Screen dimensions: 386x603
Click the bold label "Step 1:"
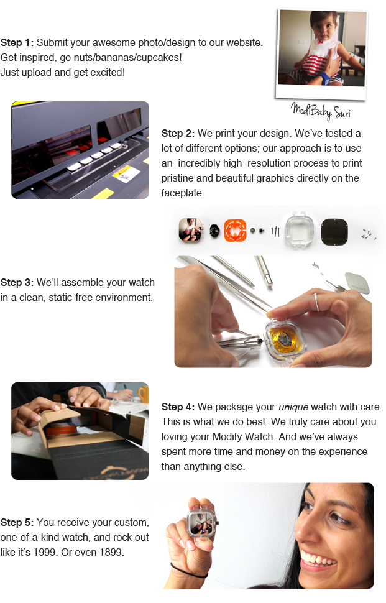pyautogui.click(x=17, y=43)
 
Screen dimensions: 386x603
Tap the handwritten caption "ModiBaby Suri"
pyautogui.click(x=320, y=111)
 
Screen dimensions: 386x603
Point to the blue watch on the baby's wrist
pyautogui.click(x=324, y=77)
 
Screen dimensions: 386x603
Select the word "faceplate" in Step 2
pyautogui.click(x=182, y=193)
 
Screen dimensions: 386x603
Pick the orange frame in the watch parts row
pyautogui.click(x=235, y=231)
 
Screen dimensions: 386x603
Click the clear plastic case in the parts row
pyautogui.click(x=300, y=230)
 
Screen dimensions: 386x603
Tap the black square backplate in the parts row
pyautogui.click(x=334, y=232)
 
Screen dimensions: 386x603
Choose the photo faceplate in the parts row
pyautogui.click(x=190, y=230)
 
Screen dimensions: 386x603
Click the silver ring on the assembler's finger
pyautogui.click(x=316, y=302)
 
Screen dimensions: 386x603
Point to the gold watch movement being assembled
pyautogui.click(x=285, y=340)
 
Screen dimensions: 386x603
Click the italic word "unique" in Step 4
pyautogui.click(x=293, y=407)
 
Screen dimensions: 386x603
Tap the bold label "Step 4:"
pyautogui.click(x=178, y=407)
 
